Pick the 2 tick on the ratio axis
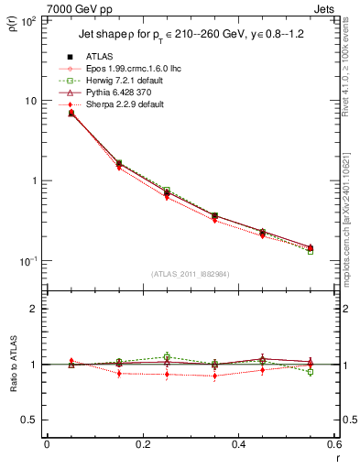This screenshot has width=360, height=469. point(35,309)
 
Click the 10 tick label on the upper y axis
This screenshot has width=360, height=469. point(29,100)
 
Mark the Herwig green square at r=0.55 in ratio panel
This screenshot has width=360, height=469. point(311,372)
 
